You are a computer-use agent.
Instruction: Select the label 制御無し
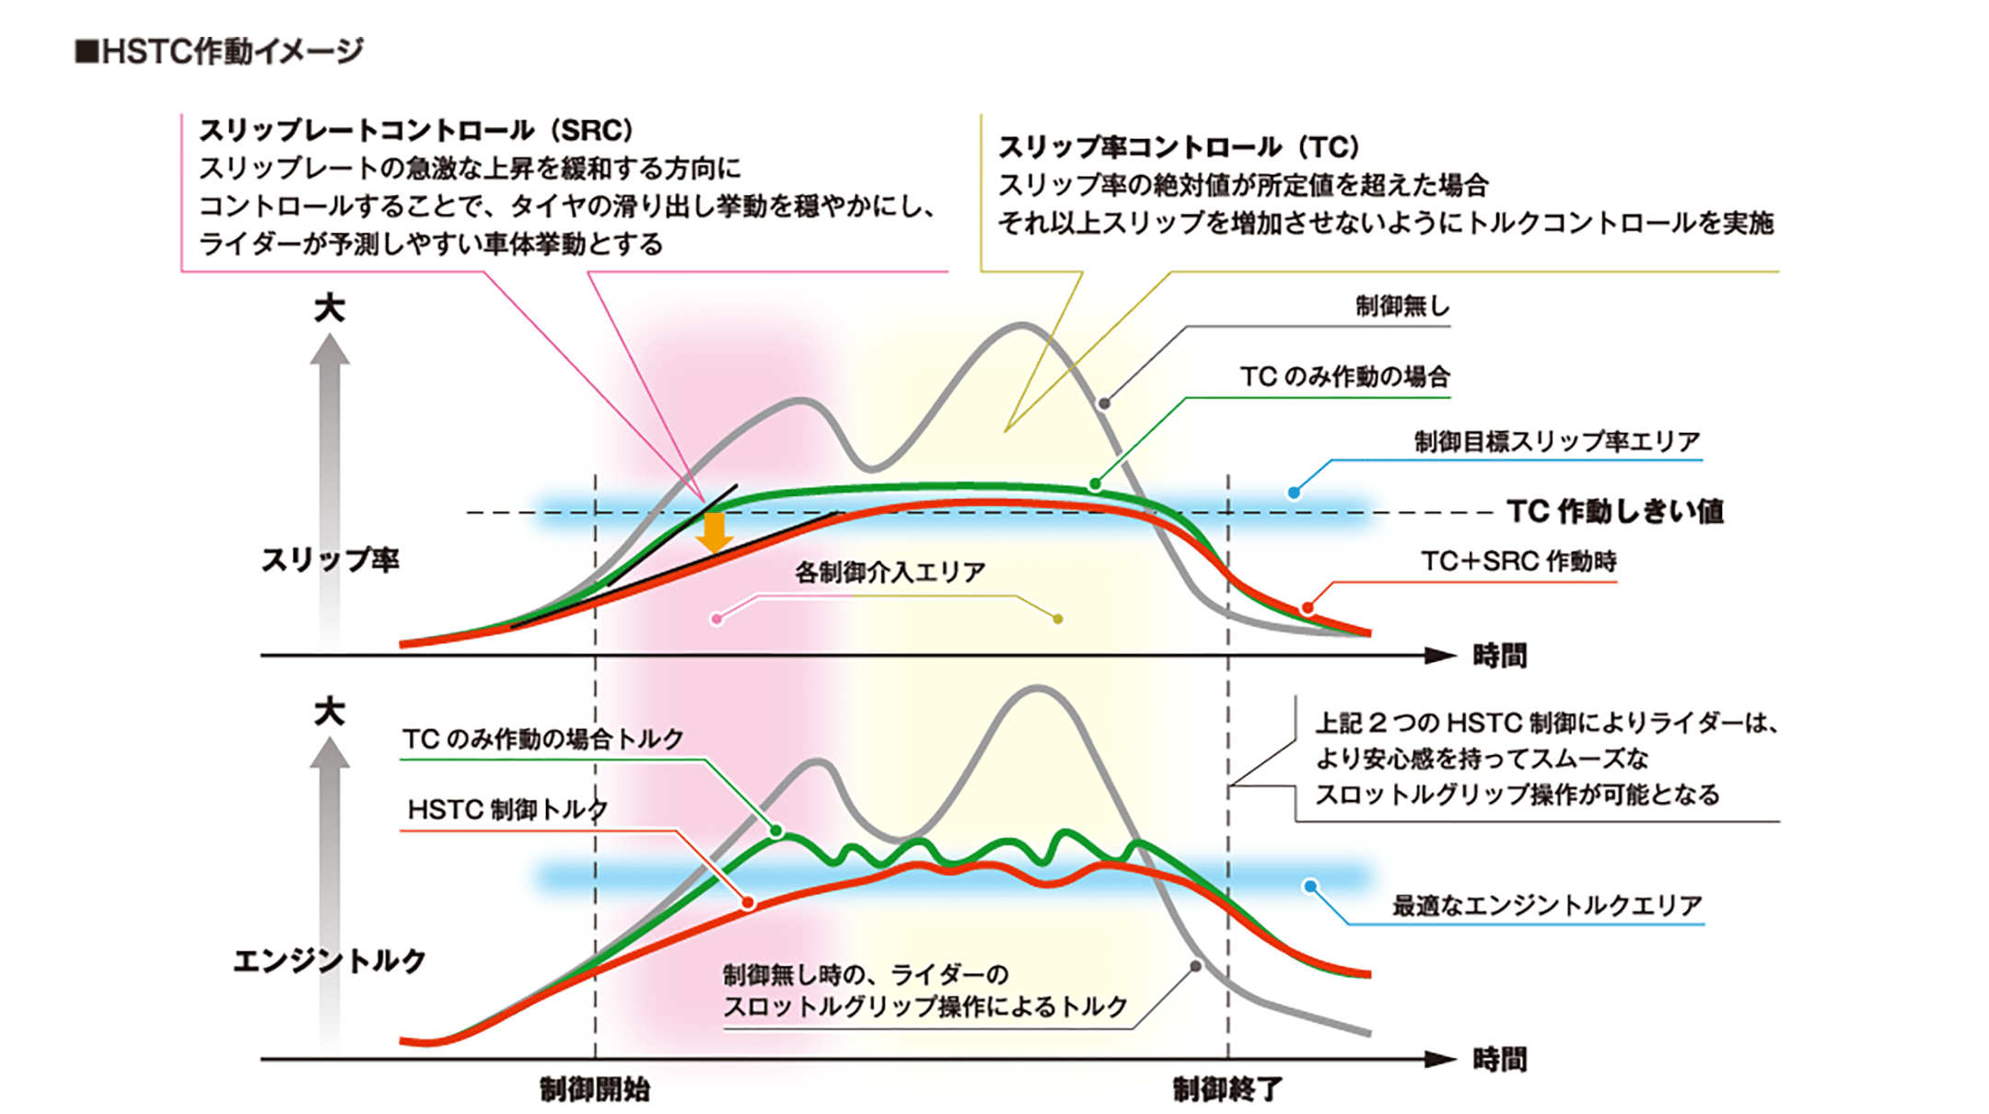pyautogui.click(x=1402, y=307)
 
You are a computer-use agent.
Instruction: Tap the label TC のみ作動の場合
pyautogui.click(x=1343, y=377)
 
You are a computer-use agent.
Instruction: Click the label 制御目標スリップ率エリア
pyautogui.click(x=1556, y=442)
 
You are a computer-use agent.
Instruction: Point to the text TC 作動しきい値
pyautogui.click(x=1614, y=512)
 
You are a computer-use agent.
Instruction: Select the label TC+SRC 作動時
pyautogui.click(x=1518, y=562)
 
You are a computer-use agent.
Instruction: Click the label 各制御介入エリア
pyautogui.click(x=890, y=573)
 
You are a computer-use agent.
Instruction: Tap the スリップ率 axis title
pyautogui.click(x=330, y=560)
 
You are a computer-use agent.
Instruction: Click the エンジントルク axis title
pyautogui.click(x=330, y=961)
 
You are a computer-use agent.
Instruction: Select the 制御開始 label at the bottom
pyautogui.click(x=595, y=1090)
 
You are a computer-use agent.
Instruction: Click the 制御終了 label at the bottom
pyautogui.click(x=1227, y=1090)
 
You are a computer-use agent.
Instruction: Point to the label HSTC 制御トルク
pyautogui.click(x=507, y=810)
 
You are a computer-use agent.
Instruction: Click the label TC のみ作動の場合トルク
pyautogui.click(x=542, y=739)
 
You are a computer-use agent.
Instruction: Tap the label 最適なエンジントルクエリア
pyautogui.click(x=1546, y=906)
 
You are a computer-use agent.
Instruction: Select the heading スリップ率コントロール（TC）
pyautogui.click(x=1180, y=147)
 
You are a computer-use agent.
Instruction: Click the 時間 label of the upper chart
pyautogui.click(x=1499, y=656)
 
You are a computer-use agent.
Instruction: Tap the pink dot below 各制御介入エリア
pyautogui.click(x=716, y=620)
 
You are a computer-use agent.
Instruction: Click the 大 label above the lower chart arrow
pyautogui.click(x=329, y=712)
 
